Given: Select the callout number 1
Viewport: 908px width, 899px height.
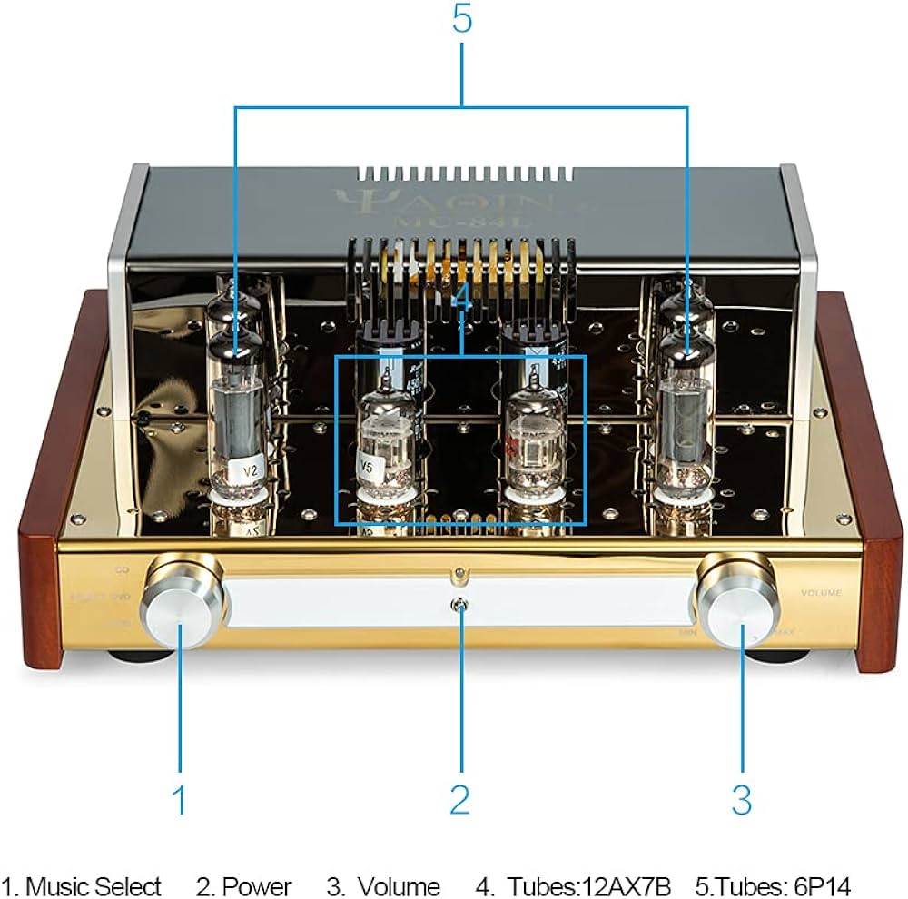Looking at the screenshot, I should tap(180, 800).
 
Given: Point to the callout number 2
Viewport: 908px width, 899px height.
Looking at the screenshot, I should tap(460, 800).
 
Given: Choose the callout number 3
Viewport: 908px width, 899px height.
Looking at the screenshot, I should tap(741, 800).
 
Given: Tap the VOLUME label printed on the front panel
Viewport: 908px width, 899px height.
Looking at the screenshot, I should tap(821, 592).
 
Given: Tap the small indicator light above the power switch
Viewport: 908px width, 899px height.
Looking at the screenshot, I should tap(461, 573).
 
